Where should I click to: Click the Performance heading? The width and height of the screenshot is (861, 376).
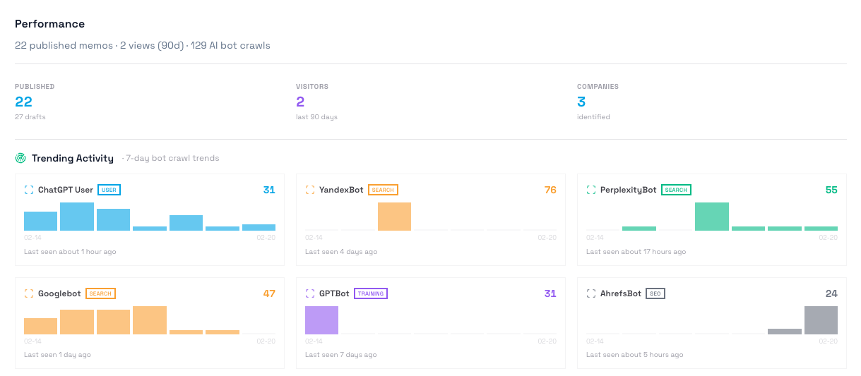49,24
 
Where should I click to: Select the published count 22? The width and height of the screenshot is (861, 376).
23,102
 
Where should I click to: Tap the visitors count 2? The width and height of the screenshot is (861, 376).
300,102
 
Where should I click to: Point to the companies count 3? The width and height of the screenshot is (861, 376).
581,102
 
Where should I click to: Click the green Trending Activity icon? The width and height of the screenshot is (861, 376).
20,158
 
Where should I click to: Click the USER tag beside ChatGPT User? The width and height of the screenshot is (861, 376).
108,190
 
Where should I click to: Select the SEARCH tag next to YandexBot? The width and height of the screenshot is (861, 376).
383,190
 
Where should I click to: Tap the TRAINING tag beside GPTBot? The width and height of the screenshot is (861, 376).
370,293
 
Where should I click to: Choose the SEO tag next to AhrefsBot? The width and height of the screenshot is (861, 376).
655,293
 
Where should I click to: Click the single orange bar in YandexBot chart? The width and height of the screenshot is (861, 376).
394,217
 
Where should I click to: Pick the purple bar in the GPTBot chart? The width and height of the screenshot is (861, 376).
321,320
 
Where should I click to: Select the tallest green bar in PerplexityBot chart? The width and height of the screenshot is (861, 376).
711,217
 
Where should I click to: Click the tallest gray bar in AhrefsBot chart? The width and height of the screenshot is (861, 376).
821,320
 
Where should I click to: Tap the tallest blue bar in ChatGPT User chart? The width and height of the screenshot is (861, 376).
77,217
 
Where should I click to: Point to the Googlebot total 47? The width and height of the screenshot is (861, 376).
269,293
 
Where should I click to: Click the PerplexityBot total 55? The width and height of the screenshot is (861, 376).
831,190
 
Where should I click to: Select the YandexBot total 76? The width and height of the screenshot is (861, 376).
550,190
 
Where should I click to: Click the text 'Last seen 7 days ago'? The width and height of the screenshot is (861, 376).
341,355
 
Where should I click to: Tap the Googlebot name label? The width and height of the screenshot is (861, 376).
59,293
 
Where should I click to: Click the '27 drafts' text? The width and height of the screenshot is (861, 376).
30,117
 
